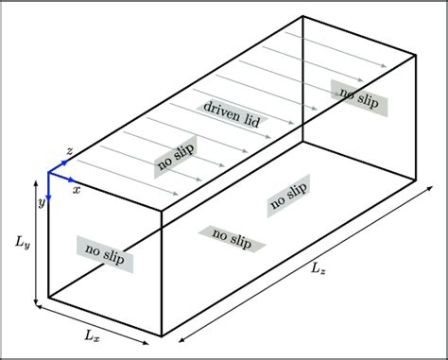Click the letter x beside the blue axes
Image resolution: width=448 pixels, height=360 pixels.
tap(76, 189)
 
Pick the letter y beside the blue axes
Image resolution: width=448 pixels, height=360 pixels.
tap(42, 202)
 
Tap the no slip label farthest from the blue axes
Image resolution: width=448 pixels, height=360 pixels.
tap(358, 94)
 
